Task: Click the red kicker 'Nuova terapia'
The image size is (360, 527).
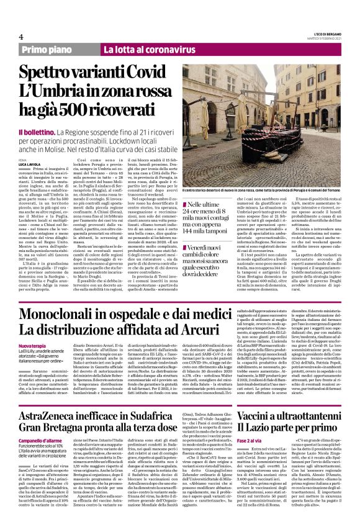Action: [32, 346]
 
